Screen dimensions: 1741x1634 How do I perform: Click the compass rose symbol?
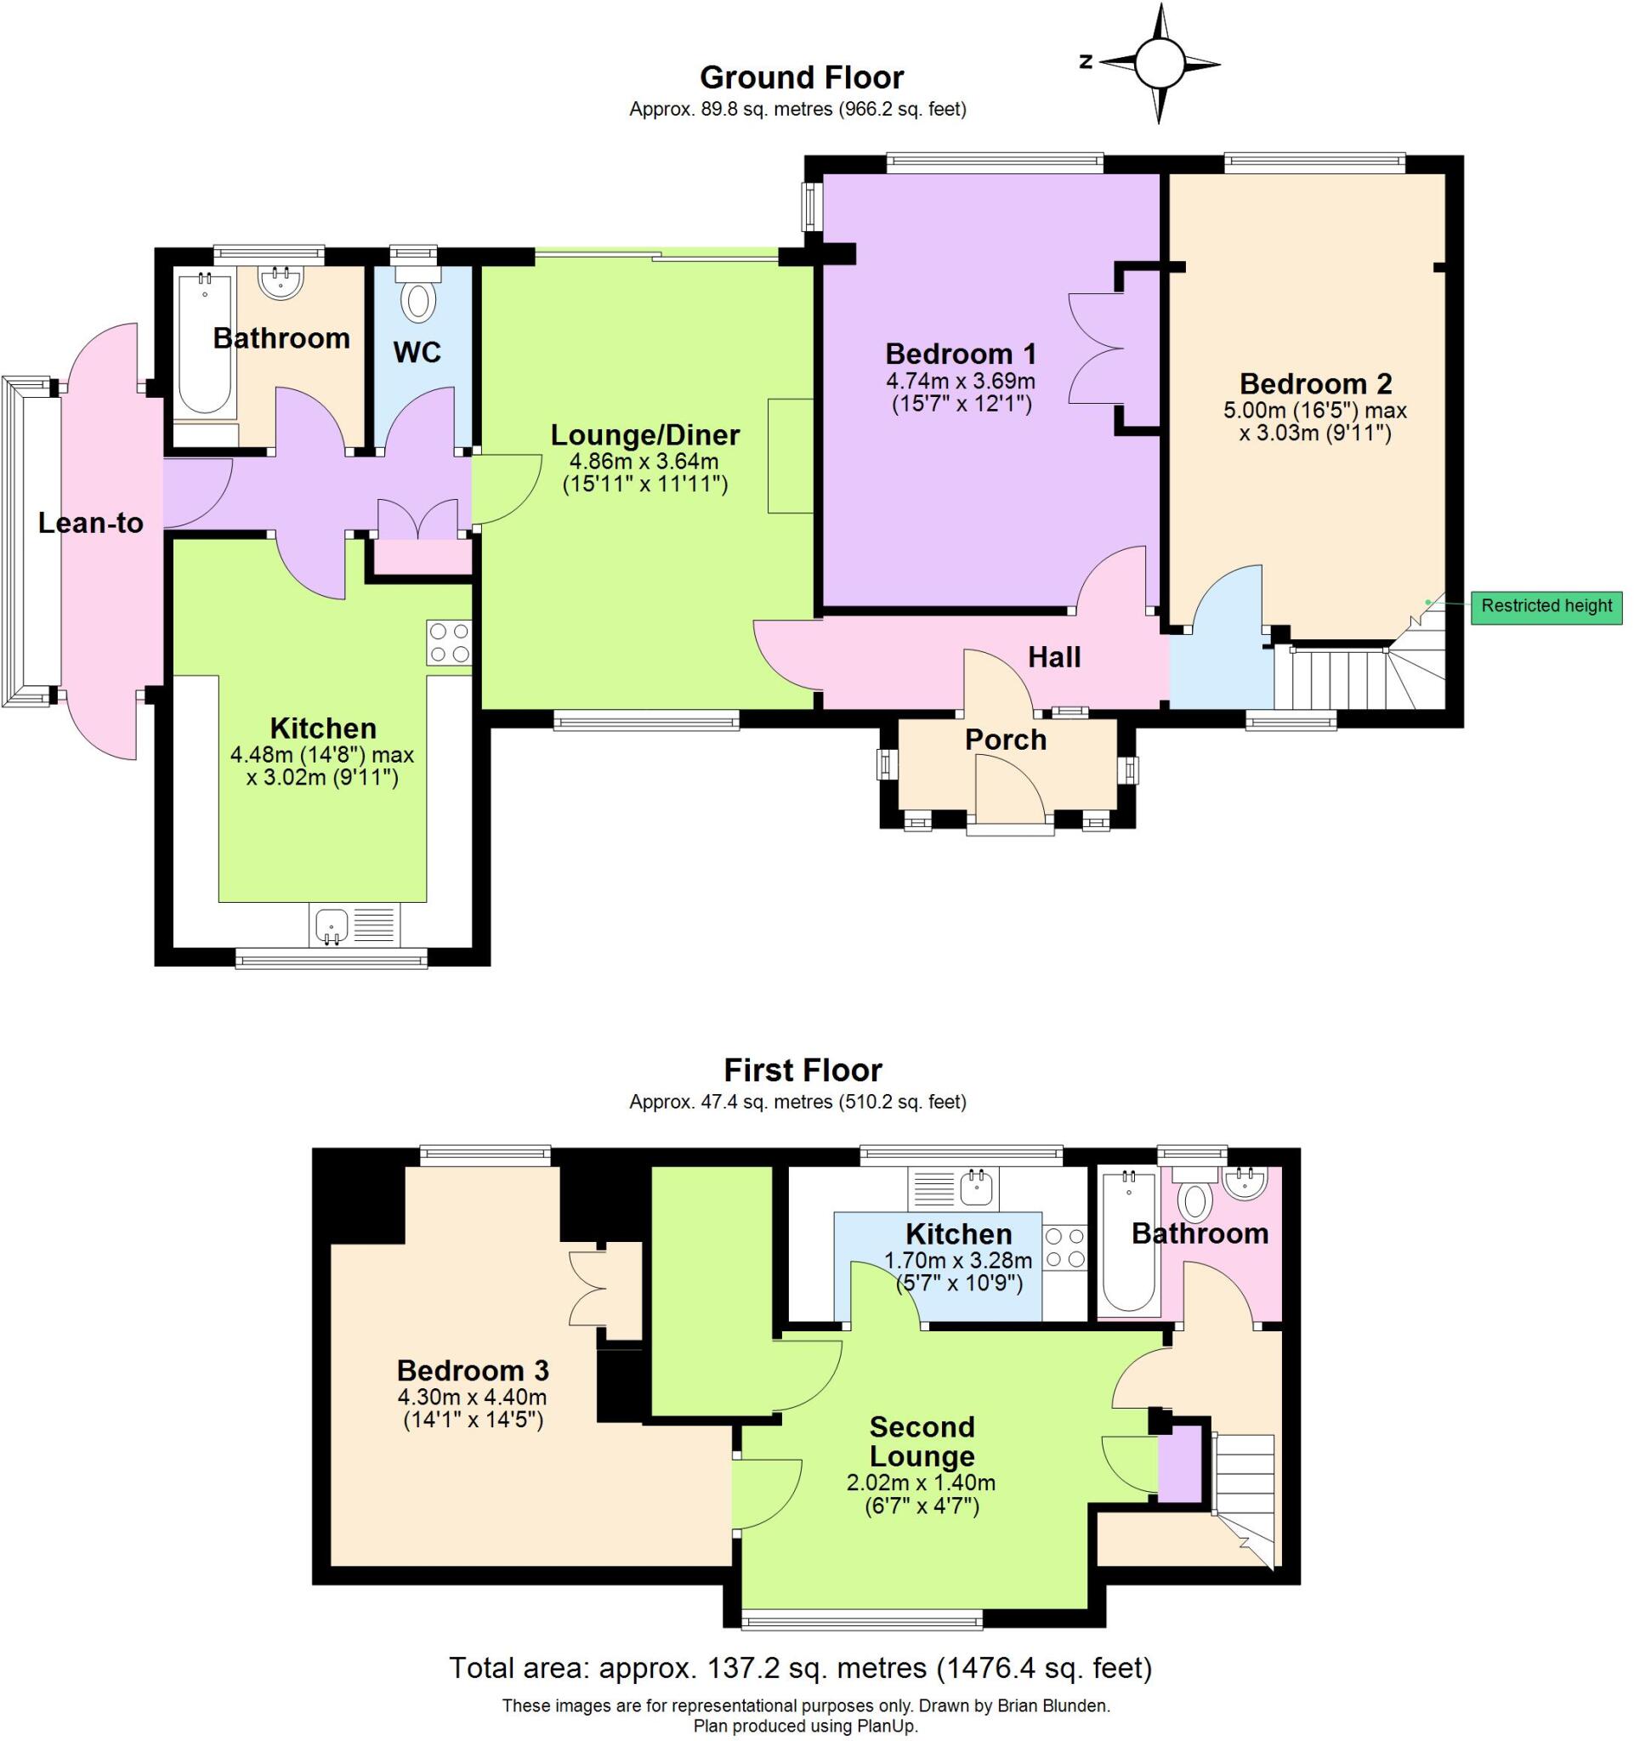click(x=1160, y=63)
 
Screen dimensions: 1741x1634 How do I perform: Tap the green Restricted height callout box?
click(x=1546, y=606)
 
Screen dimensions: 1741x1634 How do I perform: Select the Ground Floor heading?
click(x=801, y=78)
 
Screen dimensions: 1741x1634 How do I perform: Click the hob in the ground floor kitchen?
click(x=448, y=643)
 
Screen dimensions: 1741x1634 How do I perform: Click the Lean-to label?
click(x=90, y=523)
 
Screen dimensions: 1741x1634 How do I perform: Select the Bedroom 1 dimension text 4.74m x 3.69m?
click(x=961, y=382)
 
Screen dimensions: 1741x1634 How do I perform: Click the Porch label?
click(x=1005, y=740)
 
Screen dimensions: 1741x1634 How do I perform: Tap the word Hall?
click(x=1053, y=657)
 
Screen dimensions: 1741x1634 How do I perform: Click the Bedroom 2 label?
click(x=1314, y=383)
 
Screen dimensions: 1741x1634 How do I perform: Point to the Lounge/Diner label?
click(x=644, y=435)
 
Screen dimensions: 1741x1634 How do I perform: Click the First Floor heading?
click(x=802, y=1070)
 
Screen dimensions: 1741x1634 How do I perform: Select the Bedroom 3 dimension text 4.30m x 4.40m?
click(x=472, y=1398)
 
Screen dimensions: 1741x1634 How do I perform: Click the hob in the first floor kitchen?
click(x=1064, y=1247)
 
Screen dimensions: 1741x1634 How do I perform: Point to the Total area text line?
click(x=799, y=1667)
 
